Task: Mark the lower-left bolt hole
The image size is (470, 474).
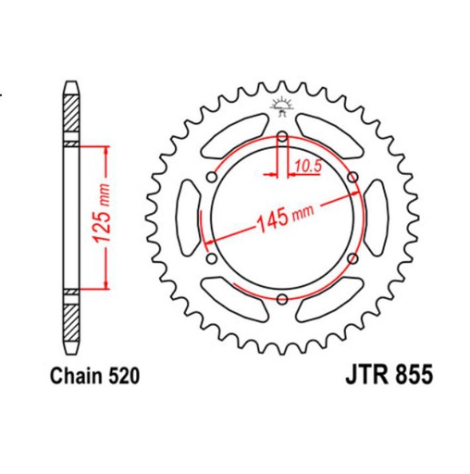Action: click(213, 258)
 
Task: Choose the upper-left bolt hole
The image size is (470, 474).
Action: click(213, 180)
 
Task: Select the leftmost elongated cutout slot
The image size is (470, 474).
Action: click(187, 218)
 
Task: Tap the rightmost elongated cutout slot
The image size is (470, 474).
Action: click(376, 218)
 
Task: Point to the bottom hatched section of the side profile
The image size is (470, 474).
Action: click(70, 320)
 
